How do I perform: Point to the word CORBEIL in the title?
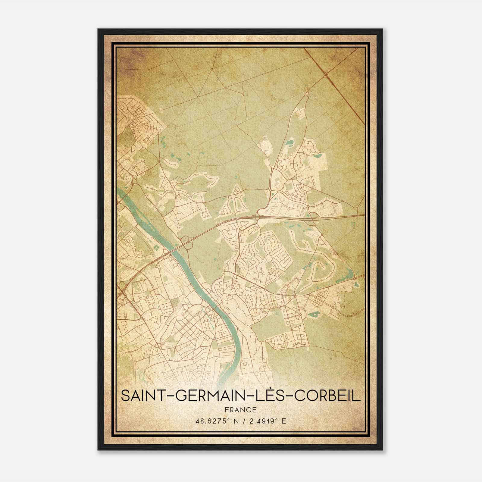327,396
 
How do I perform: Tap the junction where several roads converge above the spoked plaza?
295,296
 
